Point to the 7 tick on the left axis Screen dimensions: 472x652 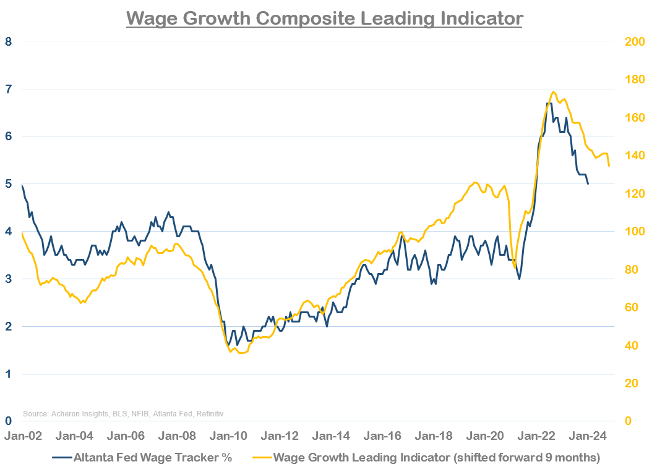[x=8, y=90]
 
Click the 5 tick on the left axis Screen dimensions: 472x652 [x=8, y=184]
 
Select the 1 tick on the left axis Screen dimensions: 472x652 [x=8, y=374]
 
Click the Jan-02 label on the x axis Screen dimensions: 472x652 [x=23, y=436]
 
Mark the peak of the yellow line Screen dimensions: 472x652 [x=553, y=91]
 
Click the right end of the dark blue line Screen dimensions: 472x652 [x=588, y=183]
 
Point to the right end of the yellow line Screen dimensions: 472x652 [x=609, y=166]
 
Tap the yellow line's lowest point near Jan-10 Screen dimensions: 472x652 [x=240, y=353]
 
